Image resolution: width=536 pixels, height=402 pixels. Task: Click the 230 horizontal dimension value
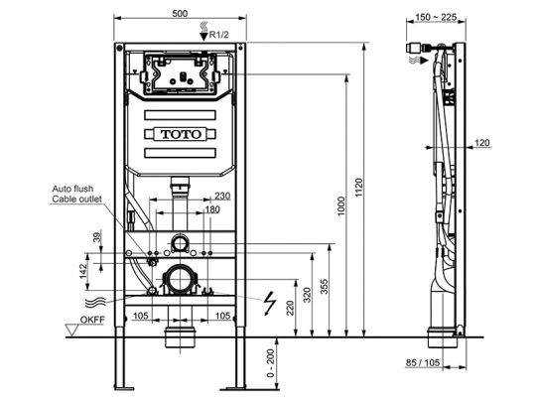(x=223, y=196)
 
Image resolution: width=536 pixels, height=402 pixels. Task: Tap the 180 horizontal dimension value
(x=211, y=209)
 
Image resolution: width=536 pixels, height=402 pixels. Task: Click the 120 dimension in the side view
(x=482, y=143)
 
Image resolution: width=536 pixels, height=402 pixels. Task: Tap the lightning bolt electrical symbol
(x=267, y=297)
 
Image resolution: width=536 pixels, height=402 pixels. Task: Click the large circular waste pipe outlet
(x=181, y=280)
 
